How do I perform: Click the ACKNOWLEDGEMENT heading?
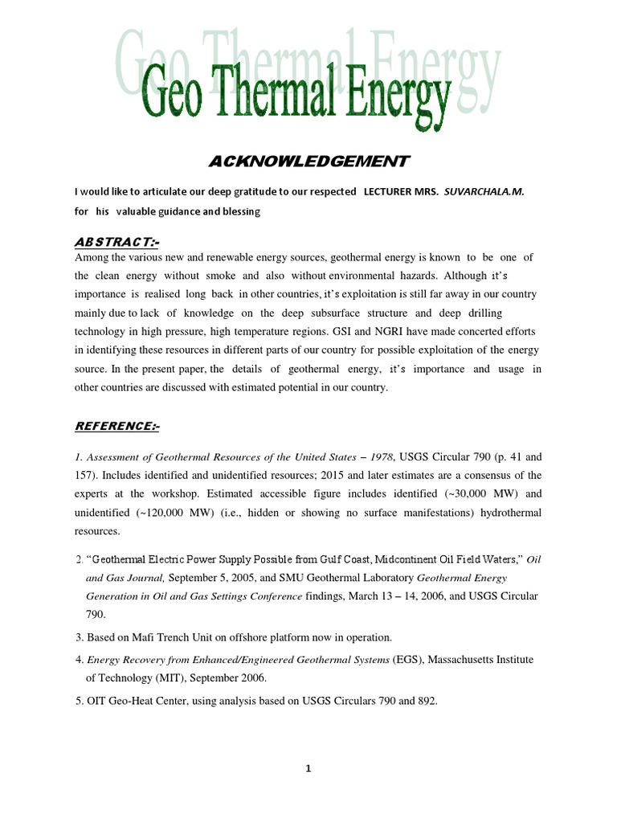(308, 162)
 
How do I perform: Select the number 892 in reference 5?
(425, 701)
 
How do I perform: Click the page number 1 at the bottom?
(308, 768)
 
